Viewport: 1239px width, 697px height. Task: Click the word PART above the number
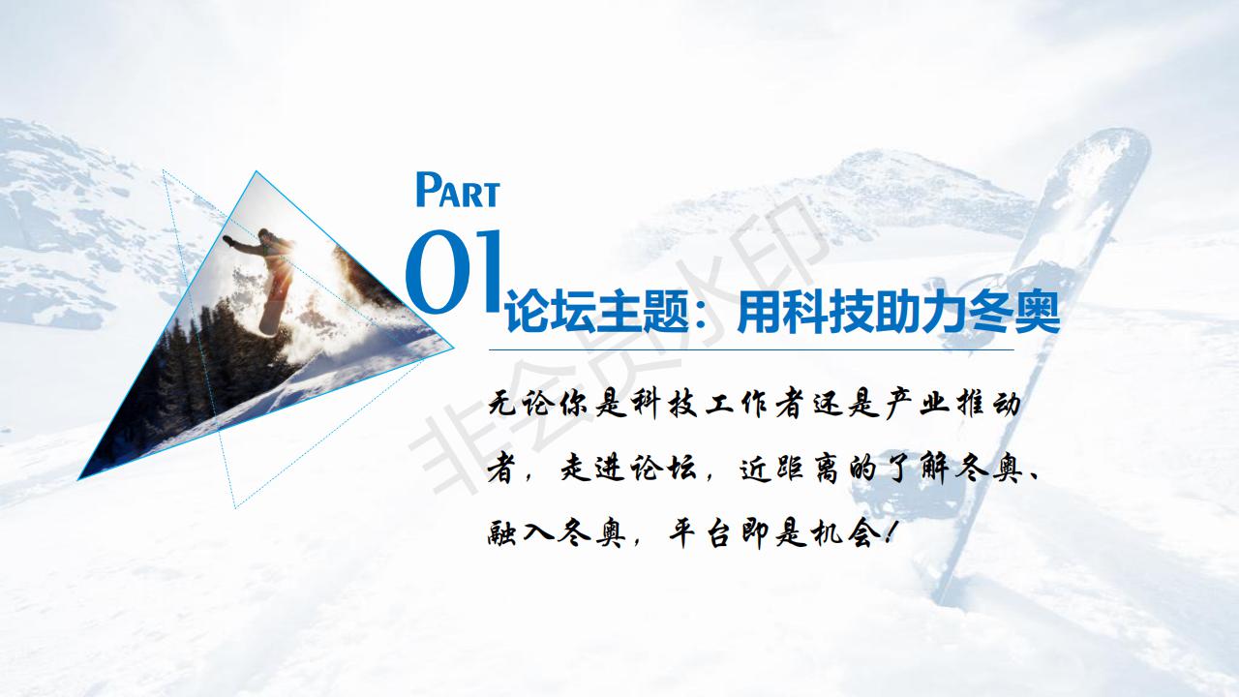click(x=458, y=190)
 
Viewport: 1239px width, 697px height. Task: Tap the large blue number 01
click(x=455, y=272)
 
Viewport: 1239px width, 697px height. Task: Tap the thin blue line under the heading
click(x=751, y=349)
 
